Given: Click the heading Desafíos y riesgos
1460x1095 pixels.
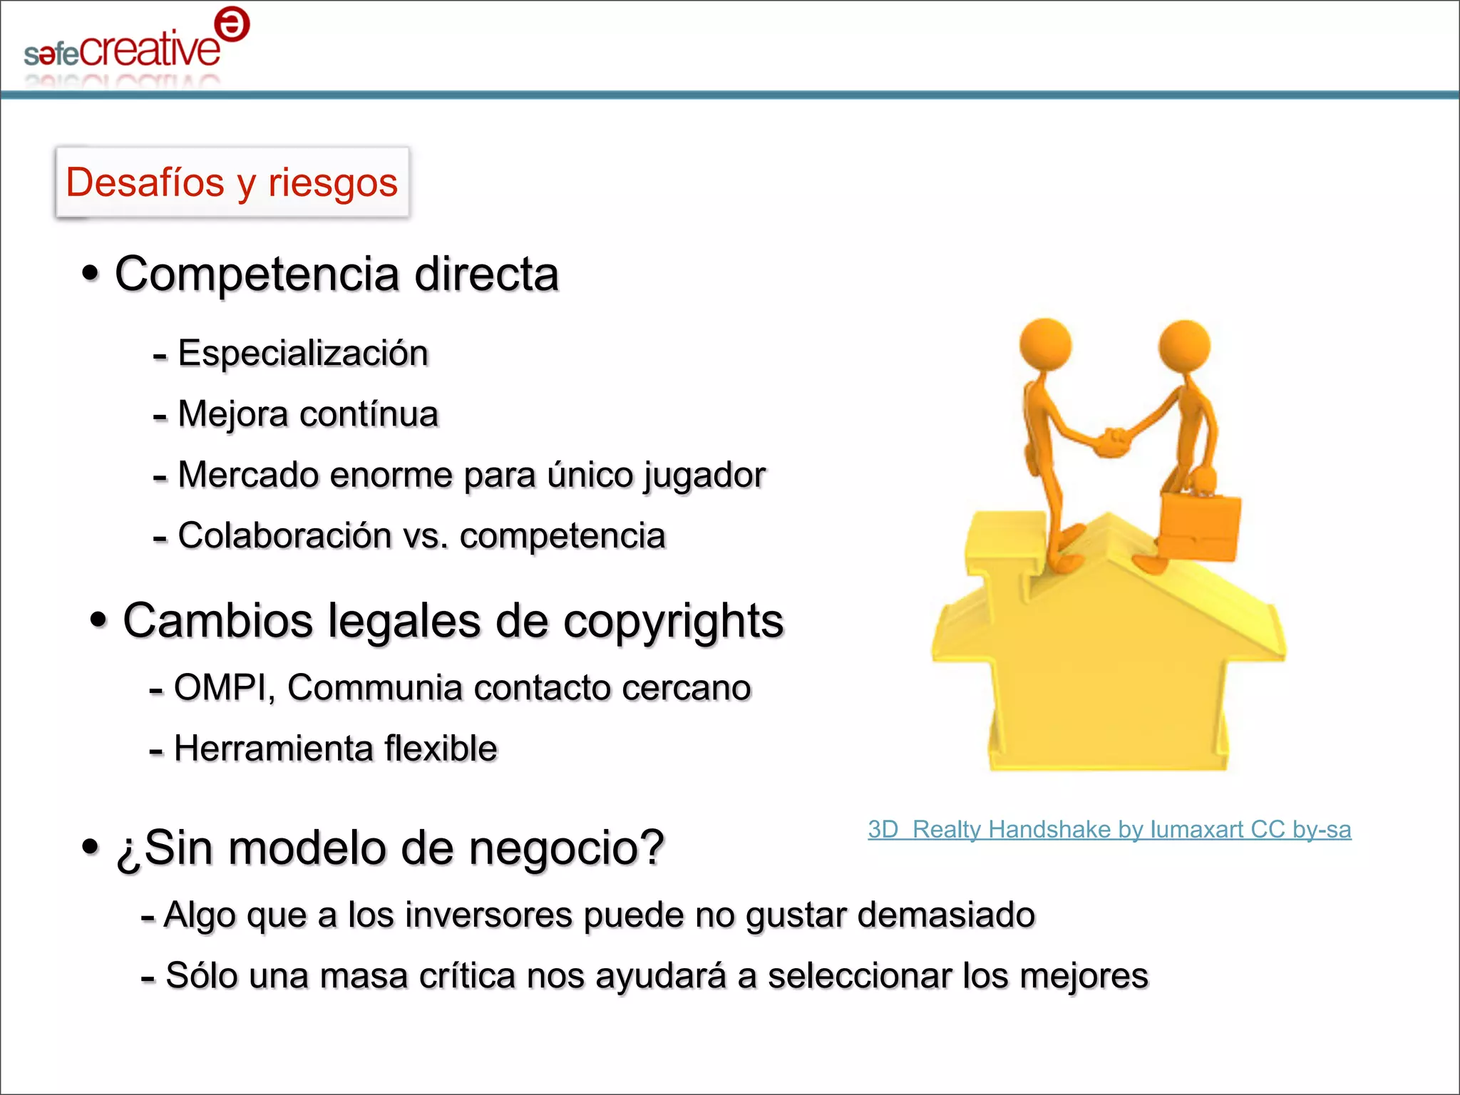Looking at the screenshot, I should coord(232,182).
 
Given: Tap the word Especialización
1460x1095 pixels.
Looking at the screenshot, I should coord(303,354).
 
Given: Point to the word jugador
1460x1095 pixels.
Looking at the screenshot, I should coord(704,475).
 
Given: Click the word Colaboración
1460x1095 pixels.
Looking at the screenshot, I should coord(284,536).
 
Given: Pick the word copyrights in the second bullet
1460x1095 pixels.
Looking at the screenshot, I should coord(673,621).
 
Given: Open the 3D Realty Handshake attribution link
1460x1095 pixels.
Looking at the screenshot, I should coord(1109,830).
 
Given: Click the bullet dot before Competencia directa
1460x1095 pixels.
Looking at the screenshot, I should coord(90,273).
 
